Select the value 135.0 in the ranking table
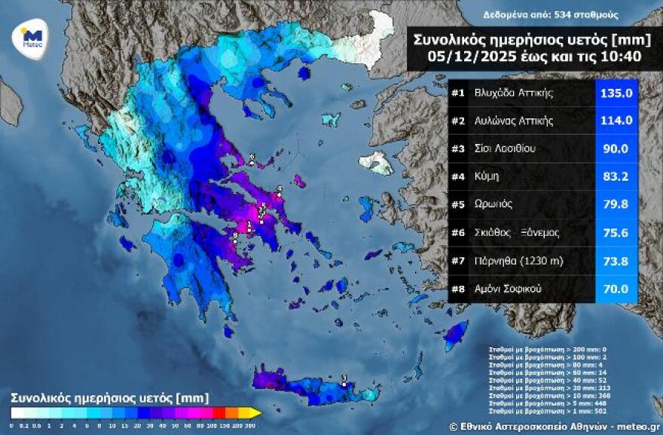(616, 93)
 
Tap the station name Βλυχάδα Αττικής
(514, 93)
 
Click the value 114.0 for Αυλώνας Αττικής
(616, 121)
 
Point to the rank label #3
(458, 149)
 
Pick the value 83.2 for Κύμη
(616, 176)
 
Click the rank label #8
(458, 288)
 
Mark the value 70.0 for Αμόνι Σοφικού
(616, 288)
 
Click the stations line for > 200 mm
(536, 351)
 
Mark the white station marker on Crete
(344, 383)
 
